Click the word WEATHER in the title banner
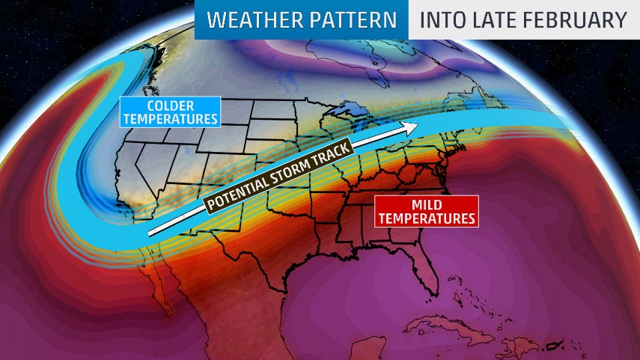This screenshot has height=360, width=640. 246,20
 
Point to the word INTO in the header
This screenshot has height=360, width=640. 442,20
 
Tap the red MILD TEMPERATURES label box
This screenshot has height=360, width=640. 426,210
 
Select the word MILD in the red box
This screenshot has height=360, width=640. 425,203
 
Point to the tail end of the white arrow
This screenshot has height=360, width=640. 150,233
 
